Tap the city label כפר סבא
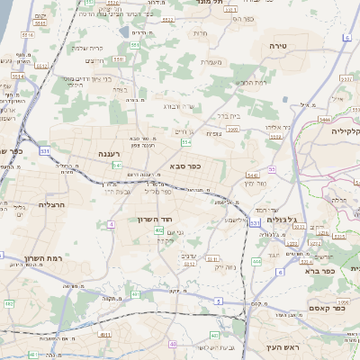coord(184,166)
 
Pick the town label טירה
coord(275,44)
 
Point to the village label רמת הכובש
coord(249,83)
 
